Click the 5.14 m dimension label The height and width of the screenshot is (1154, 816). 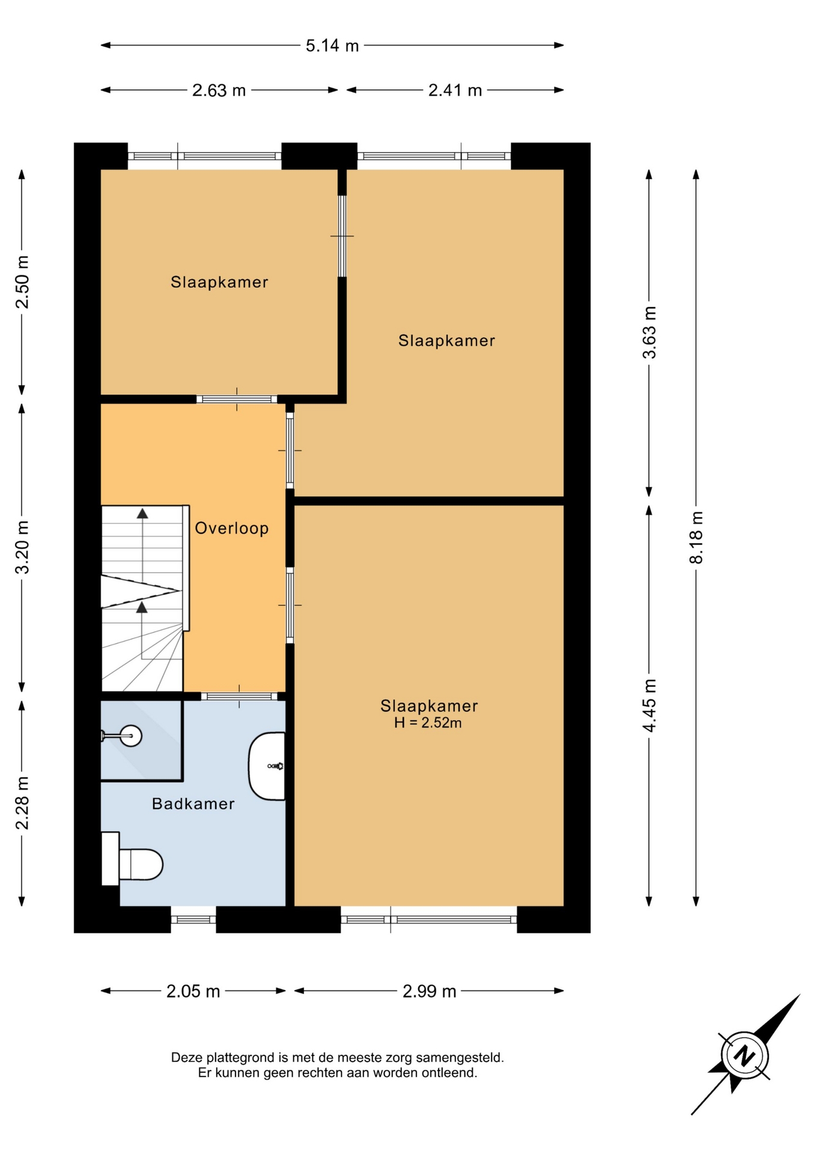click(x=332, y=46)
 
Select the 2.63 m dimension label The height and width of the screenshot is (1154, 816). click(x=219, y=90)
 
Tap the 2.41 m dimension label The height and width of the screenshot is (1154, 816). click(x=455, y=90)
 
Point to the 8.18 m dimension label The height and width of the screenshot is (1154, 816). click(x=696, y=537)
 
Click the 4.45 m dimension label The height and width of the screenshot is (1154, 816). click(x=649, y=705)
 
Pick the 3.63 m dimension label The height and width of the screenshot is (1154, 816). click(x=649, y=332)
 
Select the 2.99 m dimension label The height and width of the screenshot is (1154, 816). click(x=429, y=991)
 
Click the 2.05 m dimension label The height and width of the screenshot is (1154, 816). click(x=193, y=991)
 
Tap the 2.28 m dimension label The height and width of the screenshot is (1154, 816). click(x=22, y=802)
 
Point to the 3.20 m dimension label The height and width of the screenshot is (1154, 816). click(x=22, y=547)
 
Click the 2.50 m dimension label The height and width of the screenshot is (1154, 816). click(x=22, y=282)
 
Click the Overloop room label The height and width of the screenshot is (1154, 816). click(x=231, y=529)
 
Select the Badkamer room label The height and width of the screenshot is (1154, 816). click(x=193, y=804)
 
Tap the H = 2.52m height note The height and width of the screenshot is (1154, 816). click(x=428, y=723)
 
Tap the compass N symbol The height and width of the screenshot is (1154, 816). click(x=744, y=1056)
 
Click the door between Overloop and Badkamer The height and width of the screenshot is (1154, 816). click(x=239, y=697)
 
